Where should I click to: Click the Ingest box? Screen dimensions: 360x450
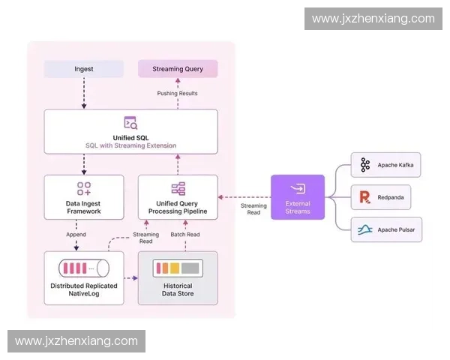pos(83,69)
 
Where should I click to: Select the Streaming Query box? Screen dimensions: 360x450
pos(178,69)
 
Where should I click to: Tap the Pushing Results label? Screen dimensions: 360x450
pos(178,93)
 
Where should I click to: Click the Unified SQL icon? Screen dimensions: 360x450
pos(130,122)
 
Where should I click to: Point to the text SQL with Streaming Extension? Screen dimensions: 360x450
pos(130,145)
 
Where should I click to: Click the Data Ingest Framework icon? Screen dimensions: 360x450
pos(83,189)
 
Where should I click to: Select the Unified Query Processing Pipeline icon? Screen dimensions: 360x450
pos(178,189)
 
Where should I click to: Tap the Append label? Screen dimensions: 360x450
pos(76,235)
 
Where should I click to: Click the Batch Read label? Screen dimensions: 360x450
pos(184,235)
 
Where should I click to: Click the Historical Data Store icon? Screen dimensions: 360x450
pos(178,268)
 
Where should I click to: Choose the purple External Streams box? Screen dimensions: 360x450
pos(297,197)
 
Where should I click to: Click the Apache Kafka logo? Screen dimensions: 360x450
pos(365,165)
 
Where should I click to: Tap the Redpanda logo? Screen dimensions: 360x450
pos(365,197)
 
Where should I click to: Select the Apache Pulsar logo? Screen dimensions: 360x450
pos(365,229)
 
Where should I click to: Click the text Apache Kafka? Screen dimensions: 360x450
pos(394,165)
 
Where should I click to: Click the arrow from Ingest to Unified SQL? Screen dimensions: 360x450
pos(83,94)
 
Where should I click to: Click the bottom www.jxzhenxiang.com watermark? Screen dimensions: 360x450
pos(76,341)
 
